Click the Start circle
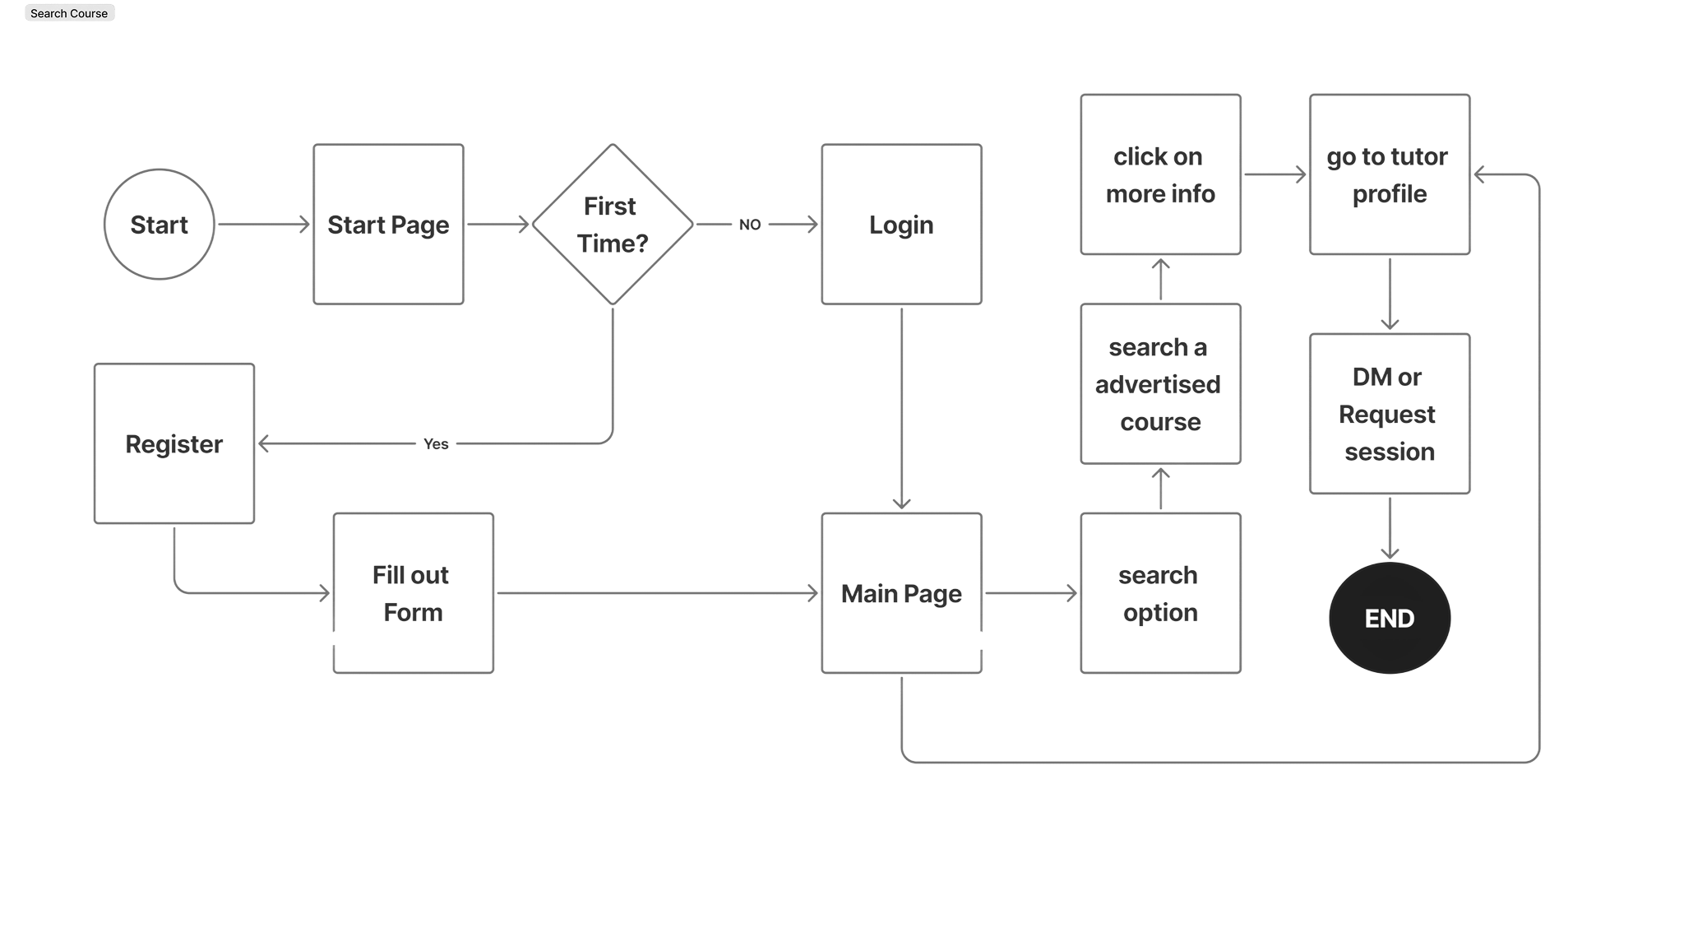[x=159, y=224]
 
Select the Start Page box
[x=388, y=224]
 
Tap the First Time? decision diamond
[x=613, y=224]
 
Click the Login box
[x=901, y=224]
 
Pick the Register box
[x=174, y=443]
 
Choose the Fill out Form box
[x=413, y=593]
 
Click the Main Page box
[x=901, y=593]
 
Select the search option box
[x=1160, y=593]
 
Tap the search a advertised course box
[x=1160, y=384]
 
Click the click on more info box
[x=1160, y=174]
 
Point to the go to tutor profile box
[x=1390, y=174]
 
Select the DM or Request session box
[x=1390, y=414]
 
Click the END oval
[x=1390, y=618]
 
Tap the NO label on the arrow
[x=750, y=225]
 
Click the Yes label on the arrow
[x=436, y=444]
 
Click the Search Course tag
[x=69, y=13]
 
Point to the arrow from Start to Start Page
[x=263, y=224]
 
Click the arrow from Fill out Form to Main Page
[x=658, y=593]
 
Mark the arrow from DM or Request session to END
[x=1390, y=528]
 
